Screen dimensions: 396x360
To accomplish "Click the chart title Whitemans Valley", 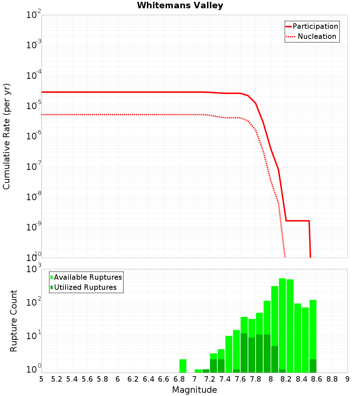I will pyautogui.click(x=180, y=5).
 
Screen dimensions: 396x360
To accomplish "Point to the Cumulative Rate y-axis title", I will pyautogui.click(x=6, y=136).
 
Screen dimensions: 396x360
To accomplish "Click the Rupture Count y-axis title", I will pyautogui.click(x=14, y=320).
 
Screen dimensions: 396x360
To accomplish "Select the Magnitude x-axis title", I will pyautogui.click(x=194, y=390).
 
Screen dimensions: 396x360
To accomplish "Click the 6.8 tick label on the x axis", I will pyautogui.click(x=179, y=379).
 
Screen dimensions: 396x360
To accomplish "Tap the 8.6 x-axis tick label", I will pyautogui.click(x=317, y=379).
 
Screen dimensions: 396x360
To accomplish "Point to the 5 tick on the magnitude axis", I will pyautogui.click(x=41, y=379).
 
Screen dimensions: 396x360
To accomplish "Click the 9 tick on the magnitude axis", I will pyautogui.click(x=347, y=379).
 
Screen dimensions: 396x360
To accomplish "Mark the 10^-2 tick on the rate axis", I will pyautogui.click(x=33, y=15).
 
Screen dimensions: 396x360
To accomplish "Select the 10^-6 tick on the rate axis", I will pyautogui.click(x=33, y=136).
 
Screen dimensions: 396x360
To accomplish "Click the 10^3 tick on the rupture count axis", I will pyautogui.click(x=33, y=269).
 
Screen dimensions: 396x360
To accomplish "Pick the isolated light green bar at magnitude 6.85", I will pyautogui.click(x=183, y=366).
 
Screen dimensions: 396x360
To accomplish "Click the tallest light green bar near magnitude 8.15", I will pyautogui.click(x=282, y=324).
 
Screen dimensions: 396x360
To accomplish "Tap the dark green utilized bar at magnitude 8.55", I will pyautogui.click(x=313, y=366).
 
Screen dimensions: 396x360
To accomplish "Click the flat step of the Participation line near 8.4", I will pyautogui.click(x=298, y=221).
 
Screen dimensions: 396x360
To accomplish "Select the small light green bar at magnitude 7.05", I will pyautogui.click(x=198, y=371).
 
